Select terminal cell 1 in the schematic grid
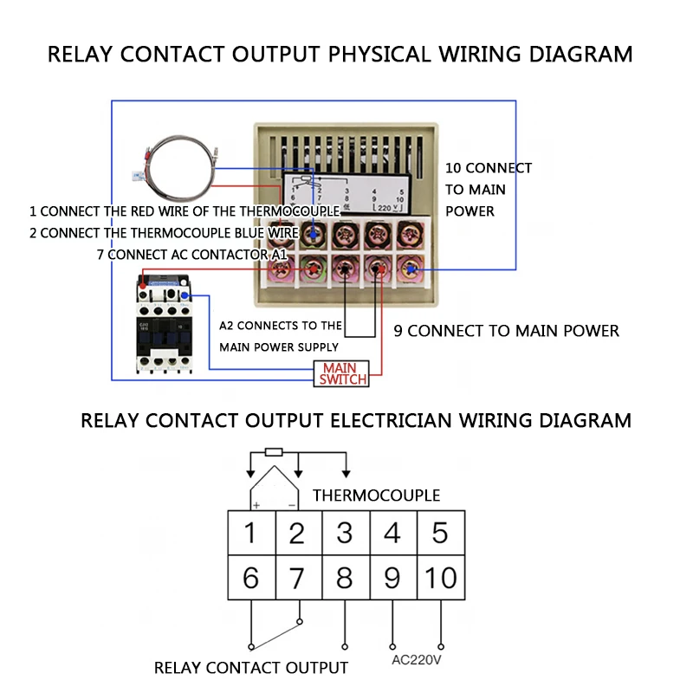click(251, 532)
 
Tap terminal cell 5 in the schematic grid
click(441, 532)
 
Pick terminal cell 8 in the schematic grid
click(346, 577)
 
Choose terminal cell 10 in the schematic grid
click(441, 577)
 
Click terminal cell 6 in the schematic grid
click(251, 577)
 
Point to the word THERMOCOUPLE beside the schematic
click(376, 495)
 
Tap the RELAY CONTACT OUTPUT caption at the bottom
click(251, 668)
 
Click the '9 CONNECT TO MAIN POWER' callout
click(506, 331)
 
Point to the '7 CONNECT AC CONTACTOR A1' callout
click(191, 255)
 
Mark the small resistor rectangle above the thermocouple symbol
click(274, 451)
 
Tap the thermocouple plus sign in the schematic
click(256, 504)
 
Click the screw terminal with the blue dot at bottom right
click(408, 271)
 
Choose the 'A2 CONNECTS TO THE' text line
click(281, 327)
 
